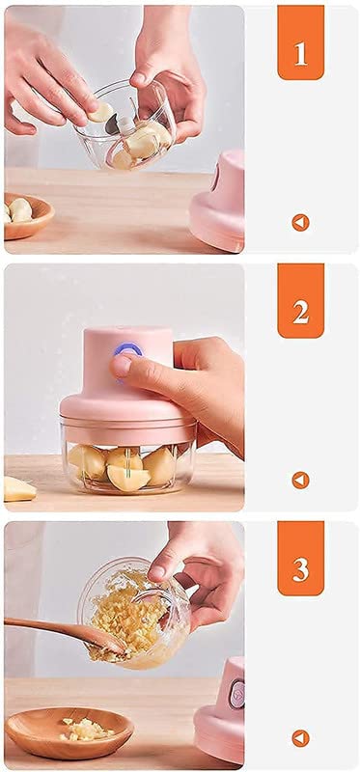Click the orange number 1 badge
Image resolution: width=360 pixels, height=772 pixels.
pos(300,42)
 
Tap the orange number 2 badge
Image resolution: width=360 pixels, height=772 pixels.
pos(300,301)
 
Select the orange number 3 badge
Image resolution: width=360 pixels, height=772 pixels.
pos(300,559)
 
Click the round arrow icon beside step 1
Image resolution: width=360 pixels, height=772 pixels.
pos(300,223)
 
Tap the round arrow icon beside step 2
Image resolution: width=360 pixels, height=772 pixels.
pos(300,480)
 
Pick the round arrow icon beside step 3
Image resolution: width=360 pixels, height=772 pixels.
pos(300,738)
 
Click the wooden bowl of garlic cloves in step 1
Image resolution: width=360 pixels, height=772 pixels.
pos(27,215)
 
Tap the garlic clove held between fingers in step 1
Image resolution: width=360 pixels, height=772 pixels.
pos(101,112)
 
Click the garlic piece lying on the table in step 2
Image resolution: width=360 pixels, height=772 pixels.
pos(18,489)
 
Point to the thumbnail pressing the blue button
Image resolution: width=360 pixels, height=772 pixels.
pos(120,366)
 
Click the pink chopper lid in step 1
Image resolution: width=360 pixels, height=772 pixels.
pos(218,202)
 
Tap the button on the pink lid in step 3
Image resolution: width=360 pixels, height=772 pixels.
pos(236,695)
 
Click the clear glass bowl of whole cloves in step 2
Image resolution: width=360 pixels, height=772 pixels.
pos(128,457)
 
